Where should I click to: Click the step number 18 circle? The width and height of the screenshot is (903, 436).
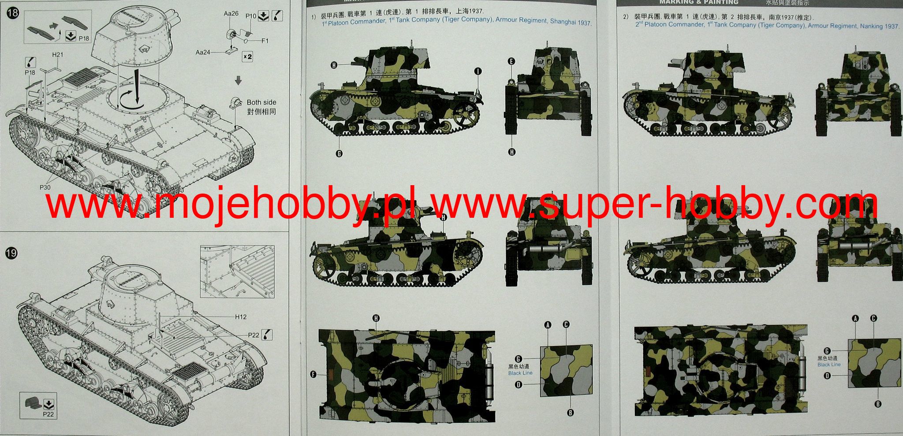(x=13, y=12)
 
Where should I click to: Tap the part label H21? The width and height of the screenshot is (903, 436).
(x=58, y=55)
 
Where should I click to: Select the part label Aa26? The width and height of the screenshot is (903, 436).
(x=231, y=14)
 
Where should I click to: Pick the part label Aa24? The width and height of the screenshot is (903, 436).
(x=203, y=52)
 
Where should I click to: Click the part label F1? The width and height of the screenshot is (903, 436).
(x=265, y=41)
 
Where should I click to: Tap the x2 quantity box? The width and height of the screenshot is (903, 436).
(x=247, y=56)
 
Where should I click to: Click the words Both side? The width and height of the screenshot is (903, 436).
(x=261, y=102)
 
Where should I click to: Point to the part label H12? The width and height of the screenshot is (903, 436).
(x=241, y=317)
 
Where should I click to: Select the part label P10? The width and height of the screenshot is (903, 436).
(x=251, y=16)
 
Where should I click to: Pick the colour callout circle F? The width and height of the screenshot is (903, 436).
(x=313, y=375)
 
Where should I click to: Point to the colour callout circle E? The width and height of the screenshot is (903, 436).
(x=511, y=62)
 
